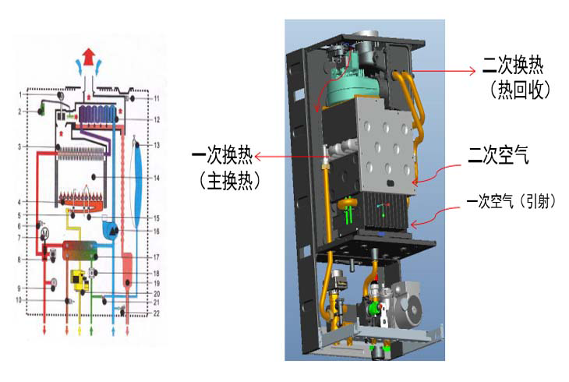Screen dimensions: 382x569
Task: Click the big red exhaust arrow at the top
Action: (x=90, y=57)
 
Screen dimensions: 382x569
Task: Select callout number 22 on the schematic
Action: (x=156, y=313)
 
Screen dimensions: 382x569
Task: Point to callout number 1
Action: (x=20, y=94)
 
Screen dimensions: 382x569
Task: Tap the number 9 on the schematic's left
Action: (x=20, y=289)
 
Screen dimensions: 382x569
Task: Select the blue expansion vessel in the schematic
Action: (x=137, y=183)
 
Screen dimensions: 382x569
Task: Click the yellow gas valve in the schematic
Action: (x=79, y=279)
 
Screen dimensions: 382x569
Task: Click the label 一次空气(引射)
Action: (x=511, y=201)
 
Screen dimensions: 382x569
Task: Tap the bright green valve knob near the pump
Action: (x=376, y=309)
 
